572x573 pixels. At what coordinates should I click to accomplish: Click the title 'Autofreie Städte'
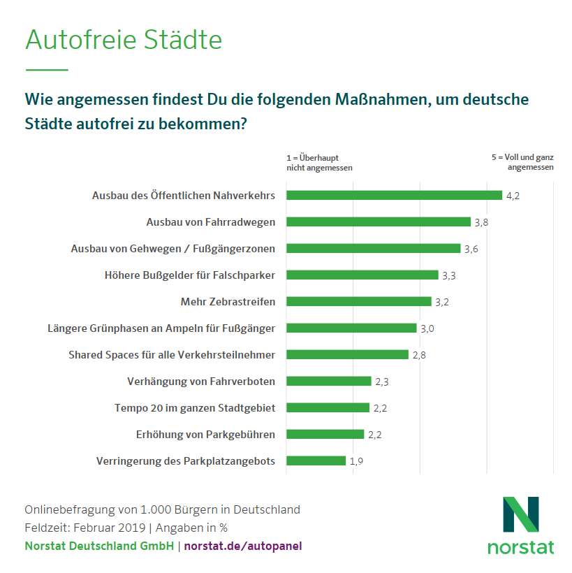[x=124, y=40]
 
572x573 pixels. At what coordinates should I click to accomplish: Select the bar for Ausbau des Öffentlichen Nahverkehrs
[x=394, y=196]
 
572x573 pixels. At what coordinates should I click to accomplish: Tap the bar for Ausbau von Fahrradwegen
[x=379, y=222]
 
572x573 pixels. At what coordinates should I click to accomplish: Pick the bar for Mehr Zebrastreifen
[x=359, y=302]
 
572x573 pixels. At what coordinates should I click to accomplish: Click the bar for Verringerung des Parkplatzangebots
[x=316, y=460]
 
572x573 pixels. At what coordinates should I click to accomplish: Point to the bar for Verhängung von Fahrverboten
[x=328, y=381]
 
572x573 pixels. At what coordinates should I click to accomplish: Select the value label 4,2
[x=513, y=196]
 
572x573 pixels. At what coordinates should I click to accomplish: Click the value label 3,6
[x=471, y=249]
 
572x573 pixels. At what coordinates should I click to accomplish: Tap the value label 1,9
[x=356, y=461]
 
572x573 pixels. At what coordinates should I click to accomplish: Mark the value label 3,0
[x=427, y=328]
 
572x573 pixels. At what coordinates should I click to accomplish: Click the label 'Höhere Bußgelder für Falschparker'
[x=189, y=275]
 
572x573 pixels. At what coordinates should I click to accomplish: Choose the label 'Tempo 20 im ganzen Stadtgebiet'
[x=194, y=407]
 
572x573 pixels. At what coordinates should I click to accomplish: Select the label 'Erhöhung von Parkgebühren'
[x=205, y=434]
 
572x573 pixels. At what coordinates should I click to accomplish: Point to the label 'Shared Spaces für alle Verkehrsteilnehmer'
[x=172, y=355]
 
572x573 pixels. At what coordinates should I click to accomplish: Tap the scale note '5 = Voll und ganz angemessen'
[x=522, y=163]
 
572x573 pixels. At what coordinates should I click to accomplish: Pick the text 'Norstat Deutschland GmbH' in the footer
[x=99, y=546]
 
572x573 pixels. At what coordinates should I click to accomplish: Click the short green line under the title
[x=47, y=70]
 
